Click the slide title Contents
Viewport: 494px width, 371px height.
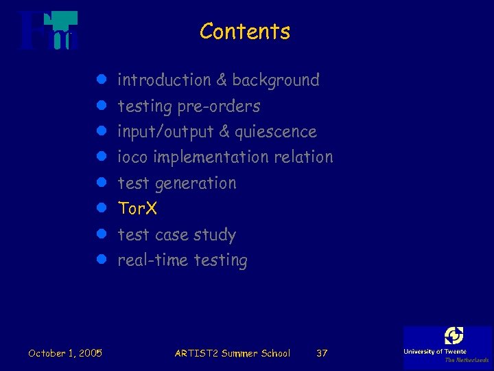pyautogui.click(x=245, y=32)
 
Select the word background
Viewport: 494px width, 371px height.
pyautogui.click(x=276, y=80)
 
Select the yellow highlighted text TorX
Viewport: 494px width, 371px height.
pyautogui.click(x=137, y=208)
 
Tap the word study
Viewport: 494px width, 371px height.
pyautogui.click(x=215, y=235)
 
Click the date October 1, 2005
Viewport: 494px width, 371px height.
pyautogui.click(x=65, y=353)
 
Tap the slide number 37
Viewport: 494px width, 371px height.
pyautogui.click(x=321, y=353)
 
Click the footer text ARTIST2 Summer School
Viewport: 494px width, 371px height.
pyautogui.click(x=233, y=353)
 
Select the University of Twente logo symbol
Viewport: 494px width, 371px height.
pyautogui.click(x=454, y=335)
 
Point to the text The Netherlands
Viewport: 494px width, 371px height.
pyautogui.click(x=467, y=360)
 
